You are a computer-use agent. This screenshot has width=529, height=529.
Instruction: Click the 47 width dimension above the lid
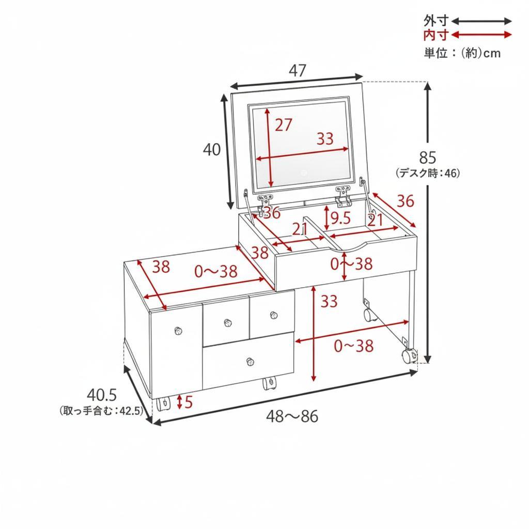click(x=297, y=70)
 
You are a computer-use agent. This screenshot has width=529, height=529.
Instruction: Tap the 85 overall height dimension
click(x=427, y=158)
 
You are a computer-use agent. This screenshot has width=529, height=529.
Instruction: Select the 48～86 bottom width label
click(x=292, y=417)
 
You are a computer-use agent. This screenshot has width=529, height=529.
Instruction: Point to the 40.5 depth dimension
click(x=102, y=395)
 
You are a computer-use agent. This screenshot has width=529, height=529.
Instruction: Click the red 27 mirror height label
click(x=283, y=125)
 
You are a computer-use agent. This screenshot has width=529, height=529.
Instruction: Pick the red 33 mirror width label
click(x=325, y=138)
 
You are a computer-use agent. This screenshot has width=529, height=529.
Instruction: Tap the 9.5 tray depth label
click(x=340, y=219)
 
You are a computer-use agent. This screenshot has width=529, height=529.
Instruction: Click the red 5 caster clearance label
click(x=188, y=402)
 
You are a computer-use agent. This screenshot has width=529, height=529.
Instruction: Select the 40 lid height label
click(x=211, y=149)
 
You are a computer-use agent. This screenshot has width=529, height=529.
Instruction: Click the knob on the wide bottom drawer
click(x=250, y=362)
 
